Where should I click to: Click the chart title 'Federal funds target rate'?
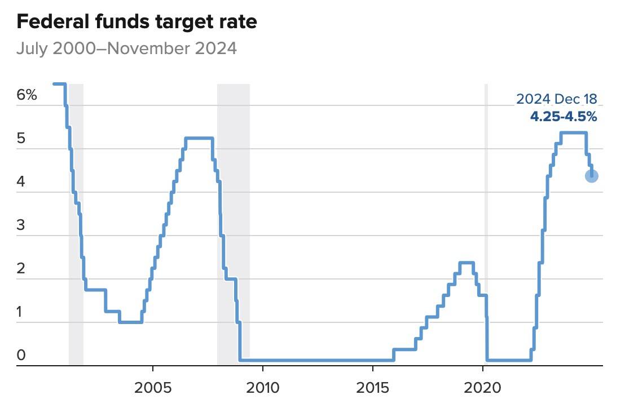click(137, 22)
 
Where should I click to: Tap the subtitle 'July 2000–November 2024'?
click(126, 48)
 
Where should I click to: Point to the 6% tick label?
click(27, 95)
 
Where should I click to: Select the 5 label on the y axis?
click(21, 139)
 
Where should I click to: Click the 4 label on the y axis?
click(21, 182)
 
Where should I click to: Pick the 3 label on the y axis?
click(21, 225)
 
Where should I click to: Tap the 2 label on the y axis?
click(21, 268)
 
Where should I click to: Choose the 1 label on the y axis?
click(21, 312)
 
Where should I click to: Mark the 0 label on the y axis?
click(21, 355)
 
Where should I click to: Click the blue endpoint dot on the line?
click(592, 176)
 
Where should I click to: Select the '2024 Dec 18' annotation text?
click(556, 100)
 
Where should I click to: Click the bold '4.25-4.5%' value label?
click(563, 117)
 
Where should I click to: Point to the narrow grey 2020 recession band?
click(486, 225)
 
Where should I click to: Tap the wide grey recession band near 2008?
click(234, 225)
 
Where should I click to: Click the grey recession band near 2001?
click(76, 225)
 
